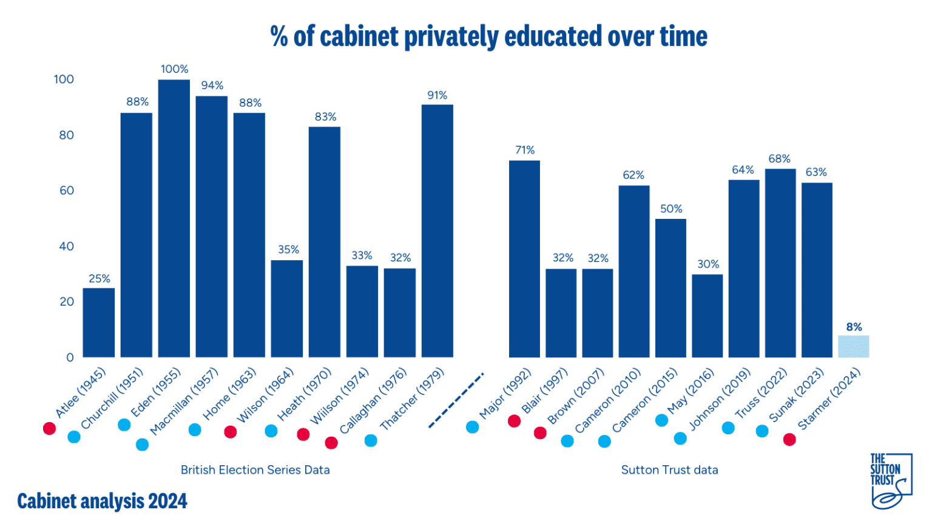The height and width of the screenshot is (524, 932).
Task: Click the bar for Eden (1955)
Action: coord(174,218)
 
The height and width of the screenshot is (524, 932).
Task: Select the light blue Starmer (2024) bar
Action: coord(853,347)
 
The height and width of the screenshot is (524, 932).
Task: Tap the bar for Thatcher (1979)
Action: coord(437,230)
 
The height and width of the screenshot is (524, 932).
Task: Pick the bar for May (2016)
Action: coord(707,316)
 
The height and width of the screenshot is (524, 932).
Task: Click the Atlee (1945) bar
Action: coord(98,323)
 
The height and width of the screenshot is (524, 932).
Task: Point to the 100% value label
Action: coord(174,69)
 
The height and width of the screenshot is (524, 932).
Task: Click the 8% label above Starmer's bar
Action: coord(854,327)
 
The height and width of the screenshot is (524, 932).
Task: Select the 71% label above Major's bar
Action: coord(525,150)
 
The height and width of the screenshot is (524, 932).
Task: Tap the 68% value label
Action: coord(779,159)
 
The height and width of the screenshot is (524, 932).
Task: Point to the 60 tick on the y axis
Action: coord(66,190)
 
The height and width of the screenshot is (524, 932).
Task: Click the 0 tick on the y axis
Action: coord(70,358)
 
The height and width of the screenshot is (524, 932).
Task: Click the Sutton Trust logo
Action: coord(890,480)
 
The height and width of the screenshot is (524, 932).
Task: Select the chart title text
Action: coord(488,36)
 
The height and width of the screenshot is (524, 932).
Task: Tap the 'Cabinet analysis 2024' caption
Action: coord(102,502)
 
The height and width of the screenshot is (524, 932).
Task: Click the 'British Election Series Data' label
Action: coord(255,470)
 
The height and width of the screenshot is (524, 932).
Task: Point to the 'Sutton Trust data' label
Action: coord(669,470)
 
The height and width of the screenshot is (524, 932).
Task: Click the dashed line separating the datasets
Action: coord(456,400)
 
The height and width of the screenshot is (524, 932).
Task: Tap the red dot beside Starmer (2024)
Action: coord(789,440)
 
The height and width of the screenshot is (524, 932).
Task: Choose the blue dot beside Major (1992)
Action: coord(472,427)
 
